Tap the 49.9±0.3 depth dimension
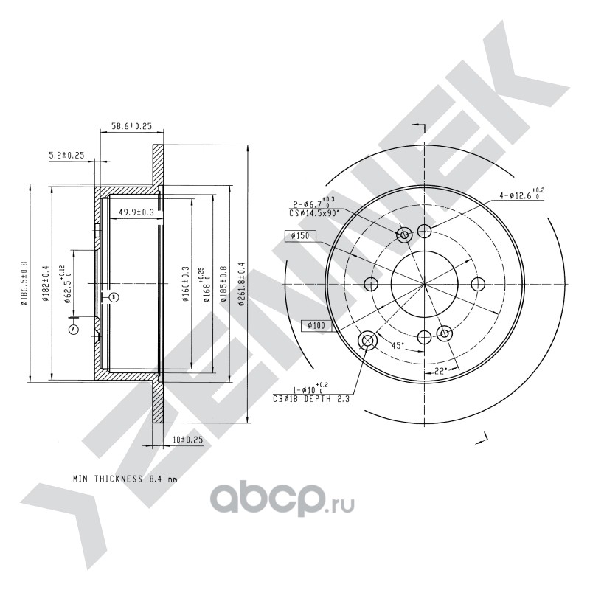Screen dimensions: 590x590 point(136,212)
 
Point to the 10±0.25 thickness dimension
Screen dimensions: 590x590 point(187,440)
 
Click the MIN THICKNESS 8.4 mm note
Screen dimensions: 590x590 point(125,478)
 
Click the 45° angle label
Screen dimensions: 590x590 point(396,345)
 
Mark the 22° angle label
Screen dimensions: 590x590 point(441,371)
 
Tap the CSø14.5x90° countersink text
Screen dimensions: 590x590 point(314,213)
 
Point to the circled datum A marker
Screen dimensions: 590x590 point(73,330)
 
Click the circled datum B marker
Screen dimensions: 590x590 point(114,296)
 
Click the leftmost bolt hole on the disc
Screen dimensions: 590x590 point(371,285)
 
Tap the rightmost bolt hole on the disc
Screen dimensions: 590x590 point(477,285)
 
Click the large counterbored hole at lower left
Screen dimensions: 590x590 point(367,340)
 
